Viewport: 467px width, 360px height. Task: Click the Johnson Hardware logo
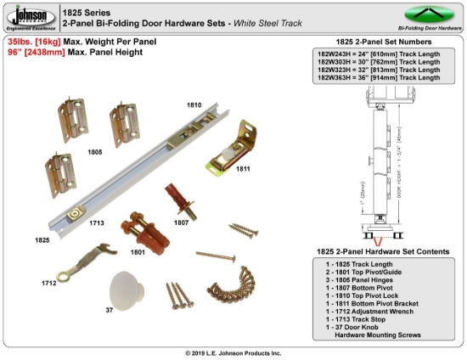(31, 18)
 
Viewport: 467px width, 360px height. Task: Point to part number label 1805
(95, 153)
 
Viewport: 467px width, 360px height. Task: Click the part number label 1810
(194, 104)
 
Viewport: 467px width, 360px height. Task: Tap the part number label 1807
(180, 222)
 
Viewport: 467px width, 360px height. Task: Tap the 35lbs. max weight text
(59, 41)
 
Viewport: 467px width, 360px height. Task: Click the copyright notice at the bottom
(233, 352)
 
